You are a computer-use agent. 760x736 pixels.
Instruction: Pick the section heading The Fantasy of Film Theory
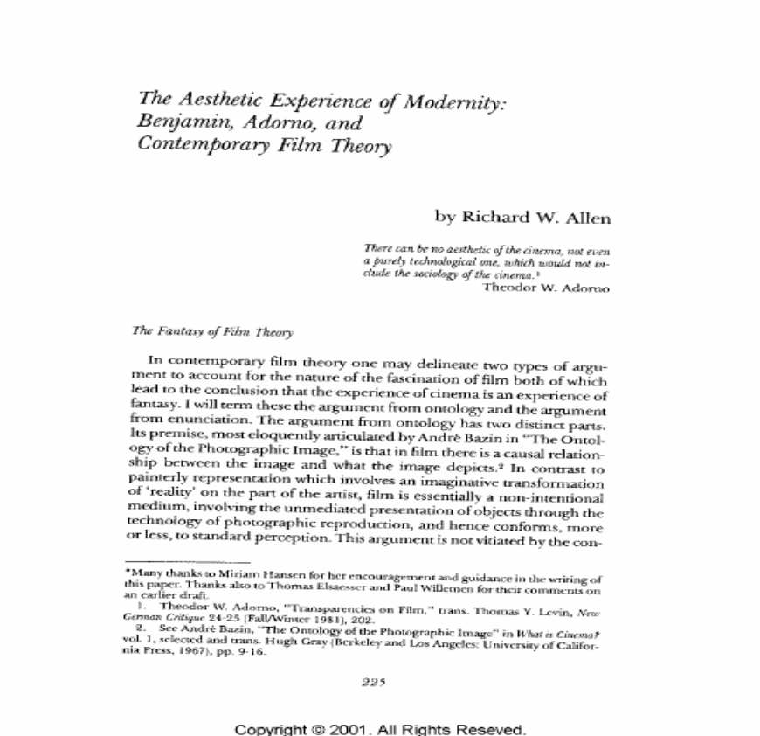click(x=211, y=331)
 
